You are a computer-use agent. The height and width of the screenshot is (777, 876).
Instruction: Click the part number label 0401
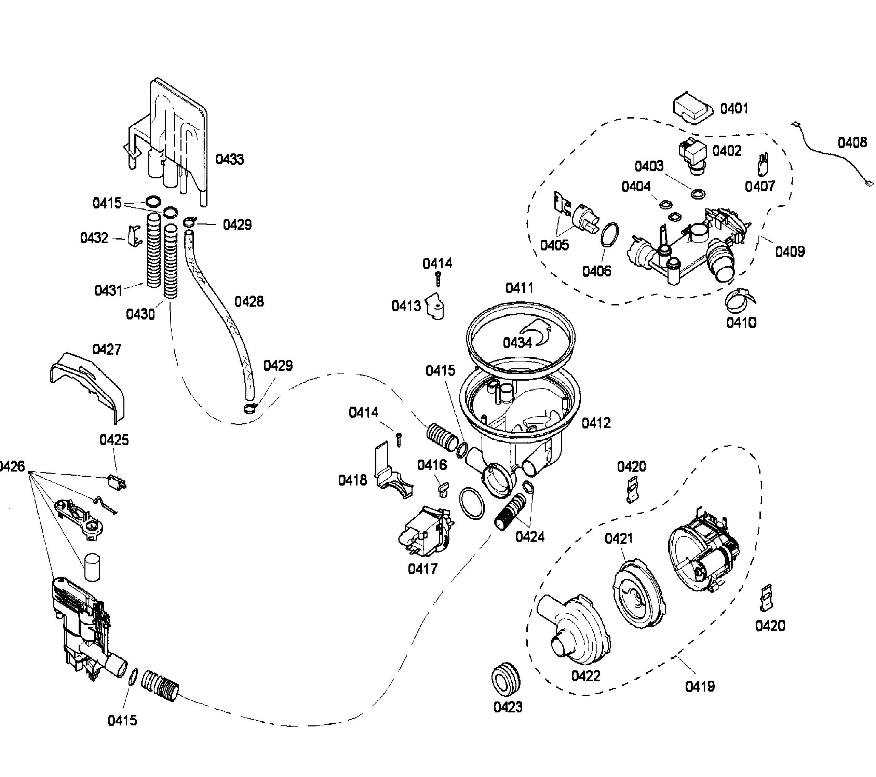[x=734, y=109]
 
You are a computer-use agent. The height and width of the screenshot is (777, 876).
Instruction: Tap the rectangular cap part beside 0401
[x=692, y=108]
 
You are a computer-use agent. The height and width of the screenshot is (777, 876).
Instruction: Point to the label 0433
[x=229, y=159]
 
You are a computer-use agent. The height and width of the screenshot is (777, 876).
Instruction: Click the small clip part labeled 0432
[x=134, y=236]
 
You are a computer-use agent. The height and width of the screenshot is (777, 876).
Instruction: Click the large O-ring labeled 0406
[x=610, y=235]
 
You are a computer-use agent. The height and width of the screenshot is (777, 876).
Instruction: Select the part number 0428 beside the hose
[x=249, y=302]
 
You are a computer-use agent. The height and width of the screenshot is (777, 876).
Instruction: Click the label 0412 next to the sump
[x=596, y=423]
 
